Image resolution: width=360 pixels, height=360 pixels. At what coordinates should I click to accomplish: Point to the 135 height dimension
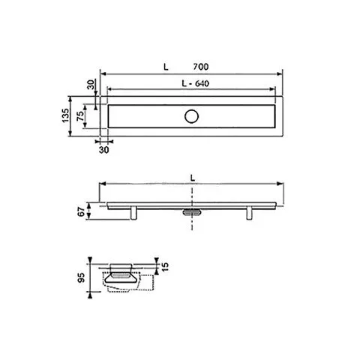click(65, 115)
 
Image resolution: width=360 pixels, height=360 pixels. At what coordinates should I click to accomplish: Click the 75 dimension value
click(82, 115)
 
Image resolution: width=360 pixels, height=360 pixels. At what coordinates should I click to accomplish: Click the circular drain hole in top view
click(192, 115)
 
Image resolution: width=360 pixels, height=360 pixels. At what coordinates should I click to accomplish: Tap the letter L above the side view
click(192, 178)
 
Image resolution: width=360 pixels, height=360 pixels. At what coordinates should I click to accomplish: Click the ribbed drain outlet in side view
click(192, 212)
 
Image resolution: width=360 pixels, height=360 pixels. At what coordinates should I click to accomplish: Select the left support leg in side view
click(135, 214)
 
